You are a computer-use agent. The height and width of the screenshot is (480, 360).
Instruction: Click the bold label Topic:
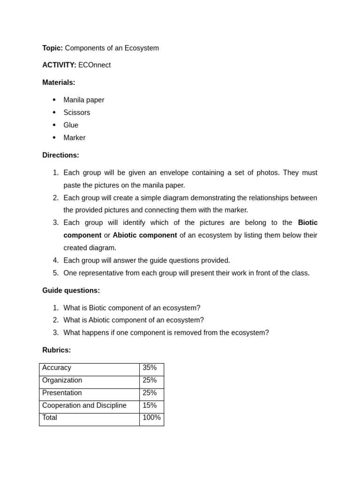point(52,48)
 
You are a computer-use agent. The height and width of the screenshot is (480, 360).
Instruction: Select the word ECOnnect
point(94,65)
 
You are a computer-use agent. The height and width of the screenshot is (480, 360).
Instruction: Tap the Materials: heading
point(59,82)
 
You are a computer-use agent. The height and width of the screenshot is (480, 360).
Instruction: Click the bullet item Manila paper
point(84,100)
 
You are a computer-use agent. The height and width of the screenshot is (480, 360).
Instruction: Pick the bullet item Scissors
point(77,112)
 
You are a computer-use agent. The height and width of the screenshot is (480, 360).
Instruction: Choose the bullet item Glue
point(71,125)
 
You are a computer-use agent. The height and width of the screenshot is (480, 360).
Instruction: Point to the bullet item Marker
point(75,138)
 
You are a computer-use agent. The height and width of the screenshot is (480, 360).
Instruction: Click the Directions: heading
point(60,155)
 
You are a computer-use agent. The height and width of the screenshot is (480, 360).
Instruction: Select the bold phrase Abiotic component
point(145,235)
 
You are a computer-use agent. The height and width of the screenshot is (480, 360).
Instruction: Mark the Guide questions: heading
point(71,291)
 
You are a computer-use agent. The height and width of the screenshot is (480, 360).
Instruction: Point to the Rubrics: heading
point(56,350)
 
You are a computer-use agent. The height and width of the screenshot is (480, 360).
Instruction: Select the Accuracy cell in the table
point(57,368)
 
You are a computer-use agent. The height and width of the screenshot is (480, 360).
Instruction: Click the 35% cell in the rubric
point(150,368)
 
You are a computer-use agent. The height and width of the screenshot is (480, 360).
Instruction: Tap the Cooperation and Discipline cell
point(84,405)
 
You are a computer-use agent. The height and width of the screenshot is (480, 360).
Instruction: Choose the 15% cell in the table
point(150,405)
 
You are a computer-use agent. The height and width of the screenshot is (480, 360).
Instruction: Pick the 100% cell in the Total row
point(151,418)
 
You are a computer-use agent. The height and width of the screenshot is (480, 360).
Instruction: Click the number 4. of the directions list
point(56,261)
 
